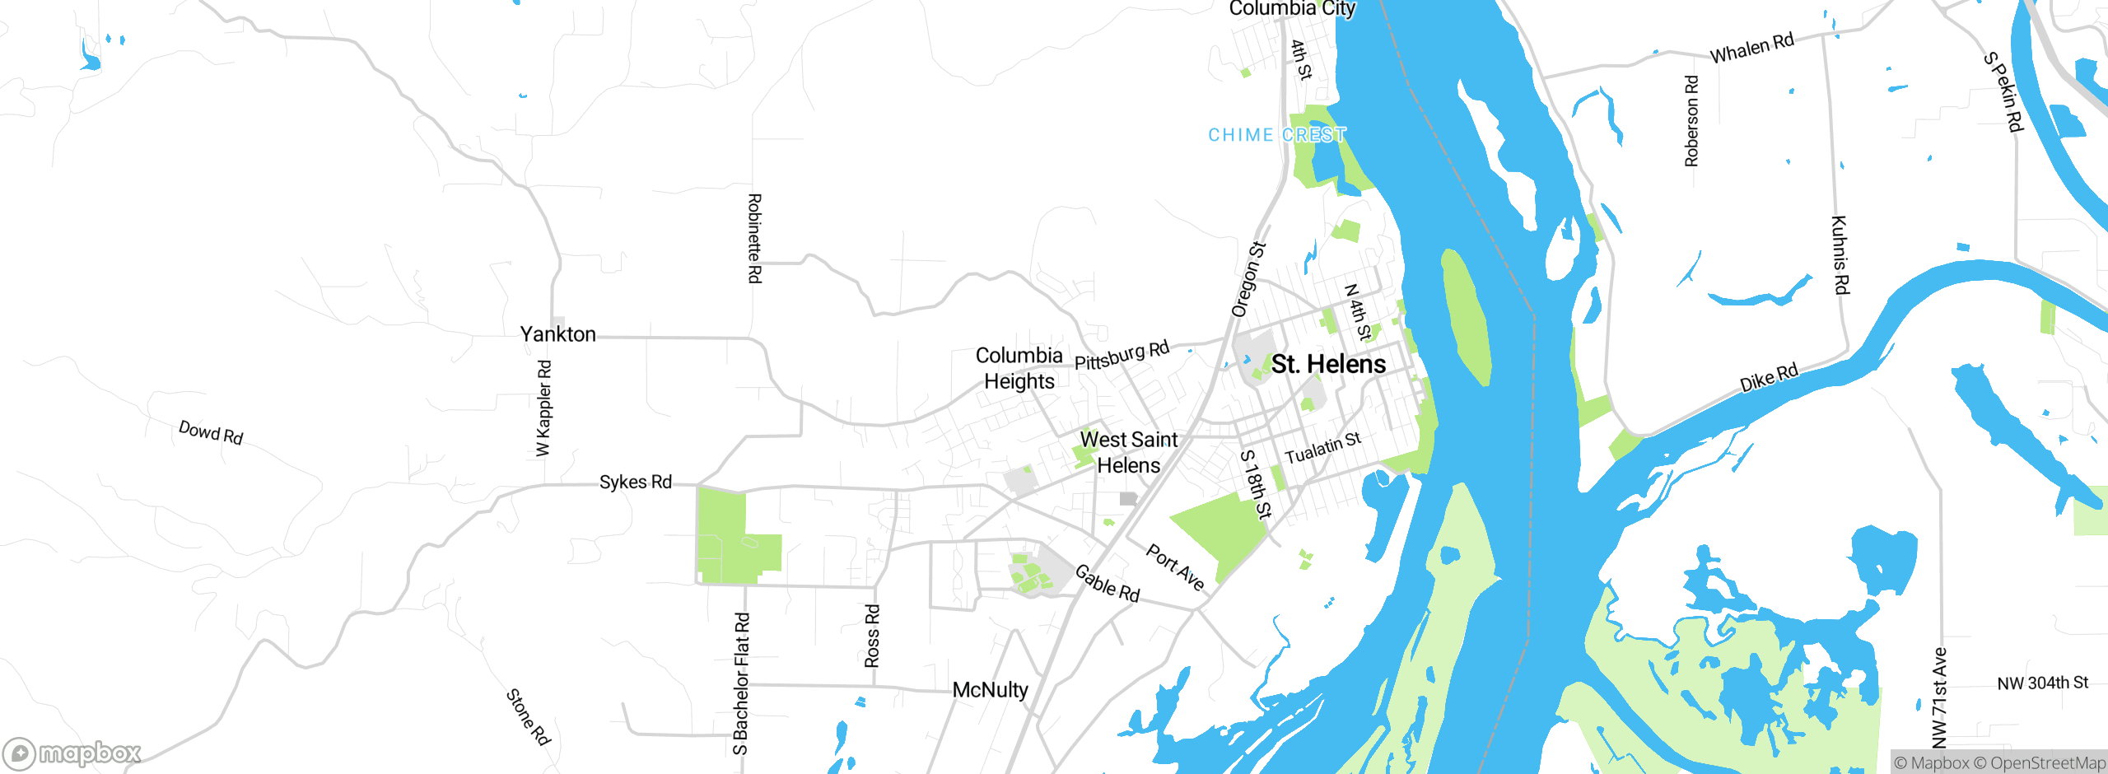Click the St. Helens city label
click(x=1328, y=364)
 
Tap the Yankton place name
click(x=557, y=334)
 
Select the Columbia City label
click(x=1291, y=8)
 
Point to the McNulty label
click(x=990, y=690)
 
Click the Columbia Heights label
click(x=1019, y=368)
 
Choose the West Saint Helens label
click(x=1129, y=452)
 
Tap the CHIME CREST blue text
click(x=1276, y=135)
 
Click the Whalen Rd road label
click(x=1751, y=49)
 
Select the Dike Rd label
click(x=1768, y=378)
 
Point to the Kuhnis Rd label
click(x=1840, y=254)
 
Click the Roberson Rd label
click(x=1691, y=121)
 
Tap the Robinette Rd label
click(x=754, y=239)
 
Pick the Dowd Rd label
click(x=211, y=432)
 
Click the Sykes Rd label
click(x=635, y=482)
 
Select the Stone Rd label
click(x=528, y=717)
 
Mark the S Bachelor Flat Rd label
click(x=741, y=683)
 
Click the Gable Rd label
click(x=1108, y=584)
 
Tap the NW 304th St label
click(x=2042, y=683)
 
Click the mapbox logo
click(x=72, y=753)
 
